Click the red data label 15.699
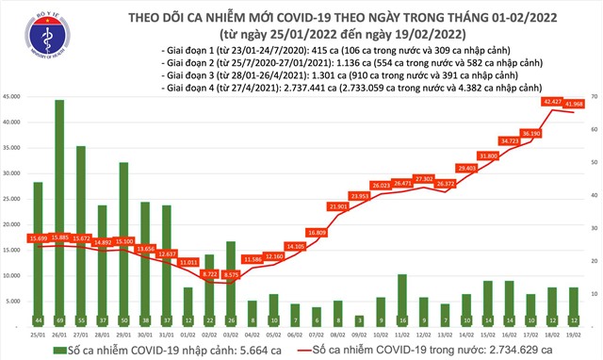click(x=38, y=237)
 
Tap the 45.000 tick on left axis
click(x=13, y=96)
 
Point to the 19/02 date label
click(x=573, y=333)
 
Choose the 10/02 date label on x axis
click(x=381, y=333)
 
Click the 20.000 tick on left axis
click(x=13, y=224)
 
